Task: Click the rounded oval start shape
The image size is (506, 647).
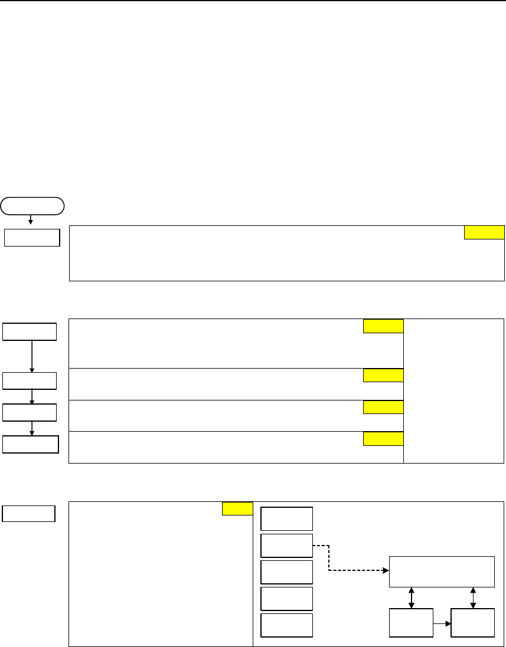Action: (32, 205)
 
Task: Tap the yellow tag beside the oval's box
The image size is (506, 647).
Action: (484, 232)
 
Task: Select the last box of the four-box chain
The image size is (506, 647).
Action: (31, 444)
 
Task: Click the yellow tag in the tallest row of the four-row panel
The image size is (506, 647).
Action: (383, 326)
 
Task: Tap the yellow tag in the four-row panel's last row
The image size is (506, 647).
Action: (383, 438)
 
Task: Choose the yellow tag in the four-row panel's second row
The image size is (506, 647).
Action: (383, 375)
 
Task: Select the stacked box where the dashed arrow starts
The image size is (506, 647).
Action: (287, 546)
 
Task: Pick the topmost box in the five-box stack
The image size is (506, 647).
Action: (287, 518)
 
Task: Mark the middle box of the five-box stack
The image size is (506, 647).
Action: (287, 572)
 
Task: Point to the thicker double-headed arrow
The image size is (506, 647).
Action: (412, 597)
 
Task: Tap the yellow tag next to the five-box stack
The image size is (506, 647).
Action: (237, 509)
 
